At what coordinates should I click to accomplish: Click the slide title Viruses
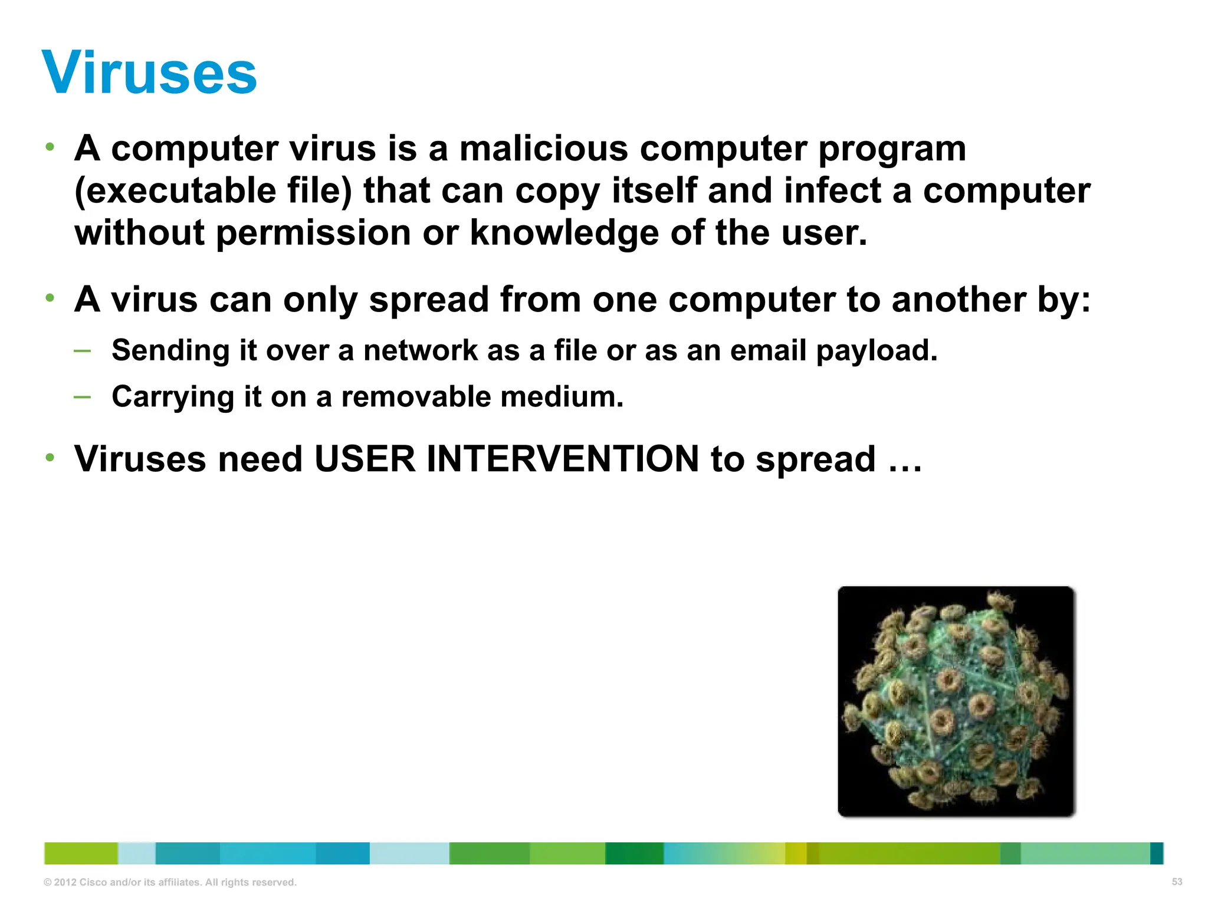click(x=150, y=73)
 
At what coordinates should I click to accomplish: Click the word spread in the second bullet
click(x=429, y=300)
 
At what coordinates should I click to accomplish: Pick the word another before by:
click(x=958, y=299)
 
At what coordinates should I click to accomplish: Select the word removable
click(x=416, y=396)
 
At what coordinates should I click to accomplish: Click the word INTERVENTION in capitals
click(x=563, y=459)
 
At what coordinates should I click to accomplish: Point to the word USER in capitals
click(x=365, y=459)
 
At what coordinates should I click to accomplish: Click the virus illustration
click(x=956, y=701)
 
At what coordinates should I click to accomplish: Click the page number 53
click(x=1177, y=882)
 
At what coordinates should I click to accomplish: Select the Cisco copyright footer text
click(x=170, y=882)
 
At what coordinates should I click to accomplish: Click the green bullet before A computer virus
click(x=50, y=146)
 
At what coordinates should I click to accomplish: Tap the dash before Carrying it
click(x=83, y=397)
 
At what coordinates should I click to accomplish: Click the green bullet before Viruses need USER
click(x=50, y=457)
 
